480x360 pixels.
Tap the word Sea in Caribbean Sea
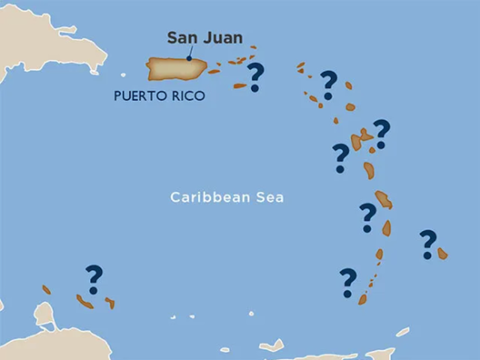[269, 198]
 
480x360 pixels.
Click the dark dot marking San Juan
[189, 58]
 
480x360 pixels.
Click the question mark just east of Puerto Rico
[256, 76]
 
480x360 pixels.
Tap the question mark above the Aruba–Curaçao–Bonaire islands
[94, 278]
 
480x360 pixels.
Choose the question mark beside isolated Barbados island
[427, 244]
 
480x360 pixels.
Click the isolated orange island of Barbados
[442, 253]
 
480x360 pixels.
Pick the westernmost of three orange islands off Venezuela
[46, 289]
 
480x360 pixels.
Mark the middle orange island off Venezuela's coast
[84, 301]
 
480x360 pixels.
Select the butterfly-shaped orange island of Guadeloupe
[361, 139]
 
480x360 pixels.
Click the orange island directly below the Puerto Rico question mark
[240, 86]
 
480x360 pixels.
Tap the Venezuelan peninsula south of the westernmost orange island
[45, 314]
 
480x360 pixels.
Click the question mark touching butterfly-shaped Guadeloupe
[382, 133]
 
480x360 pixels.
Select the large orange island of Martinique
[383, 199]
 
